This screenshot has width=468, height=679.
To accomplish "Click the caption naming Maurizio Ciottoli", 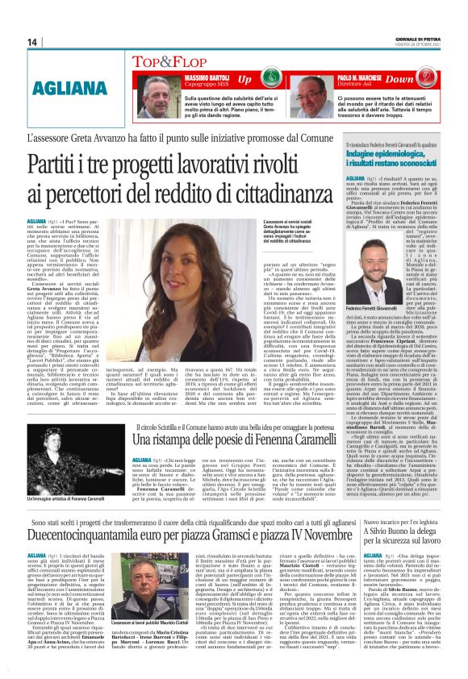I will tap(128, 623).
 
